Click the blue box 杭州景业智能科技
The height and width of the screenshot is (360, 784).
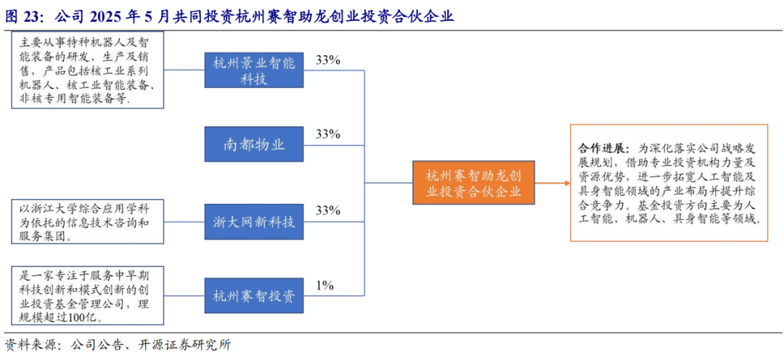[254, 70]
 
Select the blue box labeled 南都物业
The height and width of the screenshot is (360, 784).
[254, 145]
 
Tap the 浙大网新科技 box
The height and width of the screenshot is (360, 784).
[254, 221]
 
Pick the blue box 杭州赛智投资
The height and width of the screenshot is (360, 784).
[254, 296]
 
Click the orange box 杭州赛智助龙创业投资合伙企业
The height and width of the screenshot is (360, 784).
[473, 182]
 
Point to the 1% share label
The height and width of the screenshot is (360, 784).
[324, 285]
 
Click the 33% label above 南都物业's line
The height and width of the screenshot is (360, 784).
[328, 134]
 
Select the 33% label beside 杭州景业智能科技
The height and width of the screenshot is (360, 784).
[328, 60]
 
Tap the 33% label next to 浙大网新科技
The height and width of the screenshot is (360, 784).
[328, 210]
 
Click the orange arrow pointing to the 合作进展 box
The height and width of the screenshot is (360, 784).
[552, 182]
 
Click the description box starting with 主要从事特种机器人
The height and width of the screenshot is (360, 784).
[87, 70]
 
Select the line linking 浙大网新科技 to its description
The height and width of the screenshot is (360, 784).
[184, 221]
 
